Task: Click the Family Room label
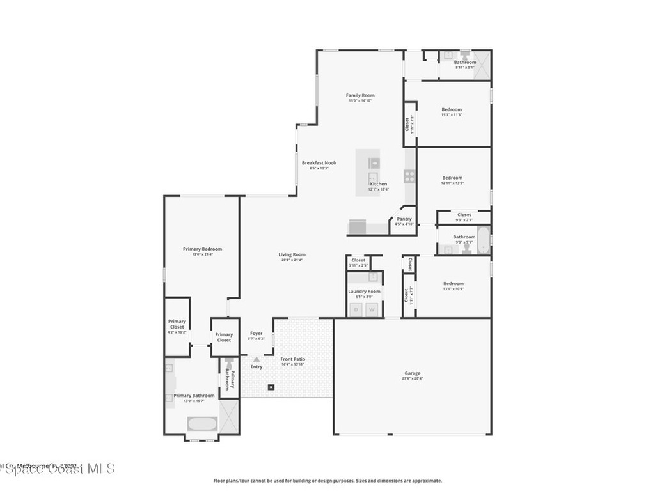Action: [x=360, y=95]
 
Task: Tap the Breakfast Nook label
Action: [x=319, y=163]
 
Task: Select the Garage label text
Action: [x=412, y=373]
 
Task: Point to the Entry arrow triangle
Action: [x=256, y=360]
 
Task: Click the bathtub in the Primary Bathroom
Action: [x=201, y=424]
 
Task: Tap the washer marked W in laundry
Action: [x=372, y=309]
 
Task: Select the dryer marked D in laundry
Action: [x=356, y=309]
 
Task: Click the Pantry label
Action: [x=404, y=219]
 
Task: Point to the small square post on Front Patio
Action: [x=271, y=387]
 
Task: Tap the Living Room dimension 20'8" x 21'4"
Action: [x=292, y=260]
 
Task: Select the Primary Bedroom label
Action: [x=202, y=249]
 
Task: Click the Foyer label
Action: [x=256, y=333]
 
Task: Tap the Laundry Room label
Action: [x=364, y=291]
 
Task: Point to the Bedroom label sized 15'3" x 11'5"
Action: [x=452, y=109]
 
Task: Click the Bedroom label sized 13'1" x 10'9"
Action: [x=453, y=283]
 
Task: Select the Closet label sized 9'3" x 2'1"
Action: [x=464, y=215]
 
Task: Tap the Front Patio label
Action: [x=292, y=359]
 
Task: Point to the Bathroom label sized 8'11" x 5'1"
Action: [x=465, y=62]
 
